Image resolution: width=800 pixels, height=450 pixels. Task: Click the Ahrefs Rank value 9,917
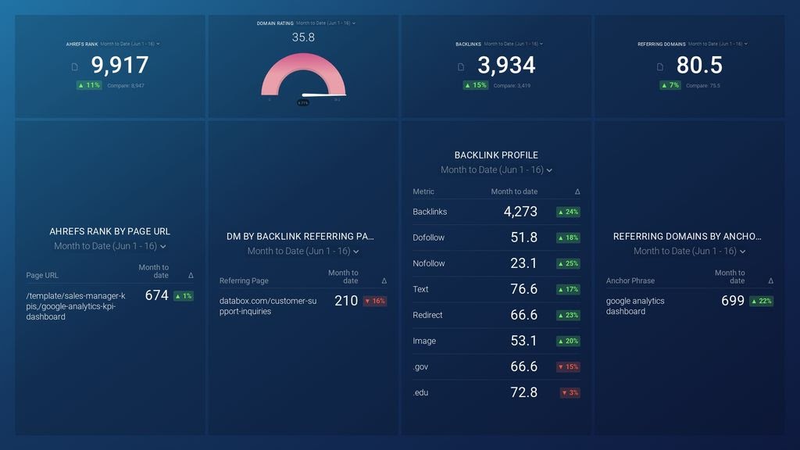[x=120, y=66]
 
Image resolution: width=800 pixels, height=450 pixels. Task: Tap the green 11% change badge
[x=89, y=85]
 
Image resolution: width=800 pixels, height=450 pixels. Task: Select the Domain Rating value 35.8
[x=303, y=37]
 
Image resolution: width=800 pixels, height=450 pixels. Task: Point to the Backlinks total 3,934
[x=506, y=66]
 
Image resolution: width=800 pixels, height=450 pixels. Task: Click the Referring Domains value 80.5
[x=699, y=66]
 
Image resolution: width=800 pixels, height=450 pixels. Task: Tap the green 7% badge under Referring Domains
[x=670, y=85]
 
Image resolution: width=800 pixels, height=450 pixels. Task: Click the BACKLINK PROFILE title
[x=496, y=155]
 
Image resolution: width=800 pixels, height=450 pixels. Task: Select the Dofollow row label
[x=428, y=237]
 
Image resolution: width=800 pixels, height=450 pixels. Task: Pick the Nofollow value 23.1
[x=523, y=263]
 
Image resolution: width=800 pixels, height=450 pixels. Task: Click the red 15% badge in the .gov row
[x=568, y=367]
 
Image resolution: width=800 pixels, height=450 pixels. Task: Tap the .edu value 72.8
[x=523, y=392]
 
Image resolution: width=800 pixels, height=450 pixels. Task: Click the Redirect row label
[x=427, y=315]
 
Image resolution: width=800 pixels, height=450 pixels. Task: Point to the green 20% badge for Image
[x=568, y=341]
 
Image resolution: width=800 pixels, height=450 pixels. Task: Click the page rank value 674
[x=156, y=296]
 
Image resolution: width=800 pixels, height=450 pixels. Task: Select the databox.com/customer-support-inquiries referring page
[x=257, y=306]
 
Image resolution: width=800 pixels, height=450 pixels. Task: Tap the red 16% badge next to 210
[x=374, y=301]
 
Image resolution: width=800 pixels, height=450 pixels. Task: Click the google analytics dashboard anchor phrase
[x=635, y=306]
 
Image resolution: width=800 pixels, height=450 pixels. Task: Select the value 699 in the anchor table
[x=732, y=301]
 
